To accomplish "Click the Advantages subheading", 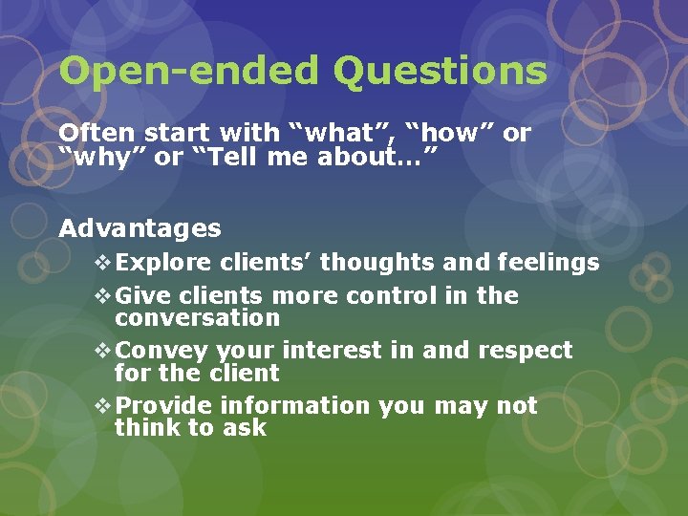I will pyautogui.click(x=140, y=229).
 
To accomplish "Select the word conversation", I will pyautogui.click(x=197, y=318).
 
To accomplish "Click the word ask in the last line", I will pyautogui.click(x=244, y=428).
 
